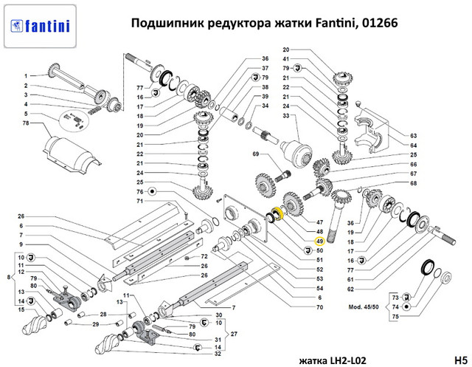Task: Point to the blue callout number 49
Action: pyautogui.click(x=319, y=241)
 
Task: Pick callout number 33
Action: pyautogui.click(x=285, y=117)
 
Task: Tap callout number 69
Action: pyautogui.click(x=256, y=154)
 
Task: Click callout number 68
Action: pyautogui.click(x=414, y=183)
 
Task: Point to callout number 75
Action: pyautogui.click(x=394, y=316)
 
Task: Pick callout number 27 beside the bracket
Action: pyautogui.click(x=234, y=333)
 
